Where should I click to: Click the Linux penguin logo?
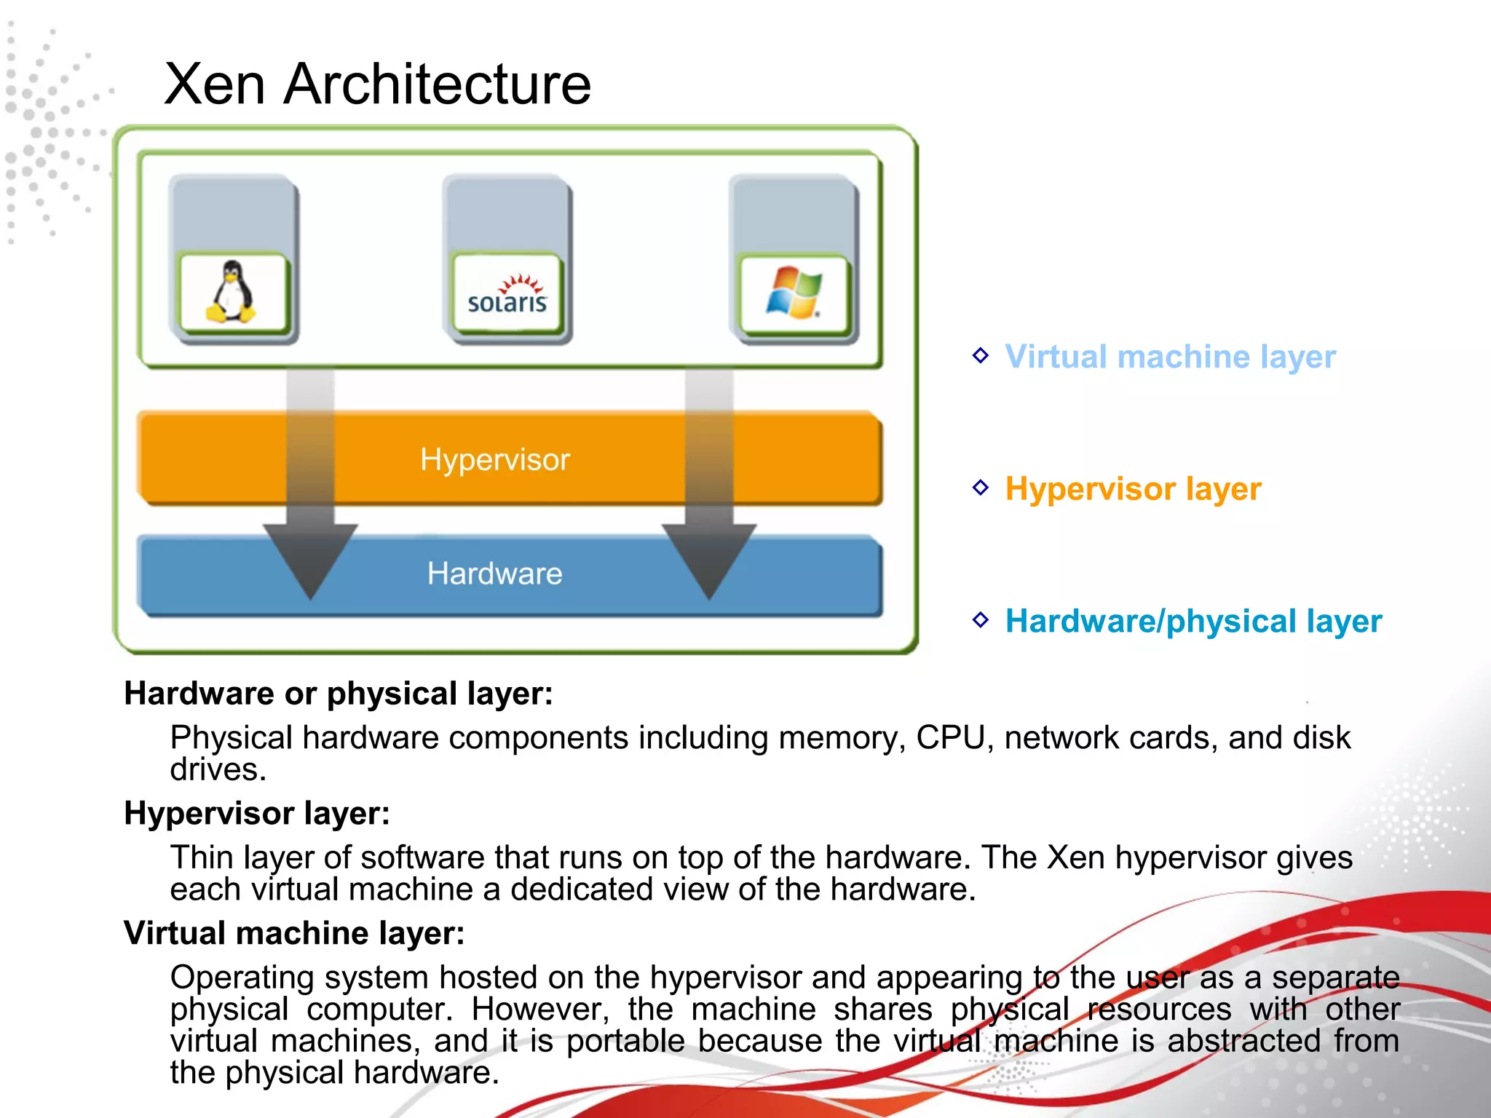(x=232, y=293)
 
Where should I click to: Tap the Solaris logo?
(x=507, y=296)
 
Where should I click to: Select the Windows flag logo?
(x=794, y=293)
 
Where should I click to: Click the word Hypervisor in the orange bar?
(x=495, y=460)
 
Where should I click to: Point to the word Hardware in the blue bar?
(x=495, y=574)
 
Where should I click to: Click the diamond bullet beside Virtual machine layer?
(x=981, y=355)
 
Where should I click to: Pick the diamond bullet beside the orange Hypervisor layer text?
(x=981, y=487)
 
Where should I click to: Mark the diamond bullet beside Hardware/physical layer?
(x=981, y=619)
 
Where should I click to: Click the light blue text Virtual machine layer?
(x=1170, y=357)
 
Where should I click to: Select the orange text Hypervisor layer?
(x=1133, y=488)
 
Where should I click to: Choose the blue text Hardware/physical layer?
(x=1193, y=621)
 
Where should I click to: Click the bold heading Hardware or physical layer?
(x=339, y=693)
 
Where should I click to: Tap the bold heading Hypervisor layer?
(x=257, y=813)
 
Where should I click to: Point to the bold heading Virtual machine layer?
(x=294, y=933)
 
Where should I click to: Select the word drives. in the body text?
(x=218, y=770)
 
